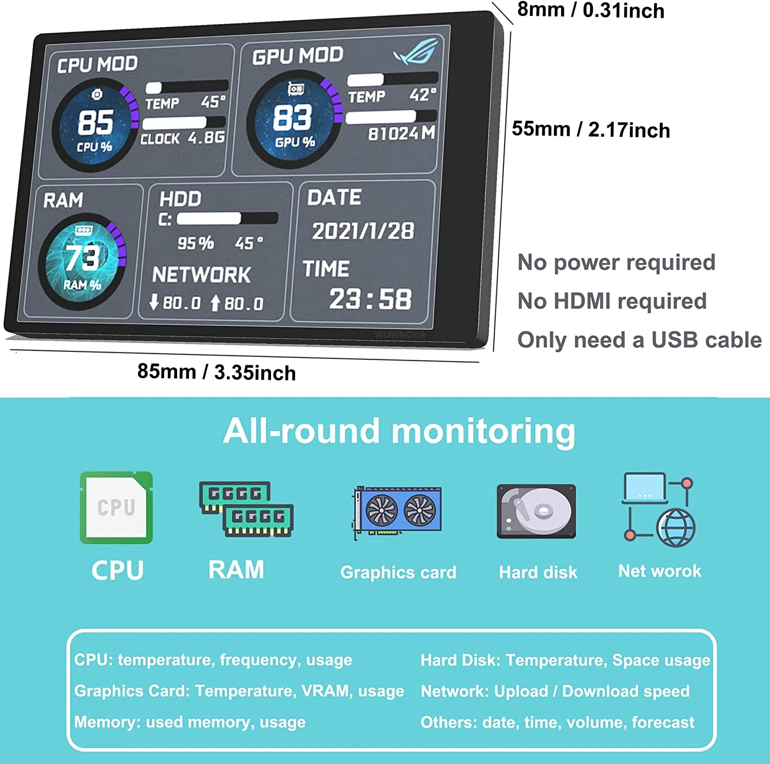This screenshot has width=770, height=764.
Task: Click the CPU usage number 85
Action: coord(95,122)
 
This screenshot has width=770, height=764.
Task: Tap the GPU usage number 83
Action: coord(292,118)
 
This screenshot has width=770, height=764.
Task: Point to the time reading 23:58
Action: coord(370,299)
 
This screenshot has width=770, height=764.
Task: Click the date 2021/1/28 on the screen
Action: coord(363,231)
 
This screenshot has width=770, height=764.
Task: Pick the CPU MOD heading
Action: coord(98,64)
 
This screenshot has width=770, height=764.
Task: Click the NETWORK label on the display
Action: coord(202,275)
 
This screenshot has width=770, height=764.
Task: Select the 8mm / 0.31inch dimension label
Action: coord(590,10)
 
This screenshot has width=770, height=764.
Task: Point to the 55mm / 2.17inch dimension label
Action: coord(591,129)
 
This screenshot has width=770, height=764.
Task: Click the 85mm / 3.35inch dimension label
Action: coord(217,372)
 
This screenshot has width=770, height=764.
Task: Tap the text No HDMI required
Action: coord(612,301)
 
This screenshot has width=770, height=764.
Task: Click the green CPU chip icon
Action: coord(117,508)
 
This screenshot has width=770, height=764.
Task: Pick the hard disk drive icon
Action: coord(536,511)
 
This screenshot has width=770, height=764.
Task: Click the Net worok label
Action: coord(660,571)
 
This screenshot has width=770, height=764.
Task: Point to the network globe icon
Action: coord(676,528)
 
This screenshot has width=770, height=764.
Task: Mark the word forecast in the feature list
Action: coord(663,722)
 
